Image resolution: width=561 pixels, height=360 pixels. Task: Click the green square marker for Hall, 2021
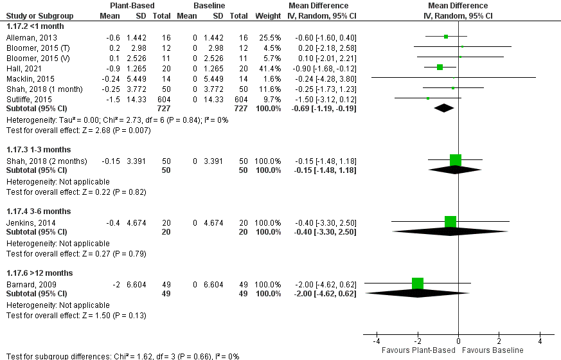pyautogui.click(x=440, y=67)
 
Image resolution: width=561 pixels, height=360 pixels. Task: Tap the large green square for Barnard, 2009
pyautogui.click(x=418, y=283)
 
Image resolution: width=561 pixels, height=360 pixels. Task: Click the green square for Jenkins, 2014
pyautogui.click(x=450, y=222)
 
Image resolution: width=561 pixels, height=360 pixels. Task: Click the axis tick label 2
pyautogui.click(x=499, y=341)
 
